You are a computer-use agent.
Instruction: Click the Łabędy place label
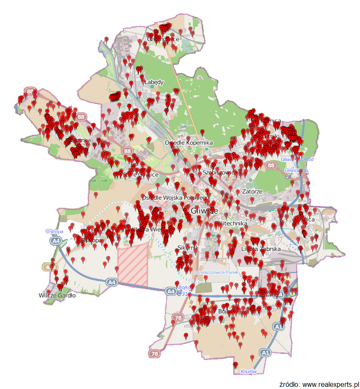tap(154, 82)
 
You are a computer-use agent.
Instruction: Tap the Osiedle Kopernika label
tap(188, 142)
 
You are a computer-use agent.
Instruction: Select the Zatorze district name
tap(252, 192)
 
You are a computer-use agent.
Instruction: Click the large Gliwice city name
tap(205, 211)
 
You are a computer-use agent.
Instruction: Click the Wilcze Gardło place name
tap(57, 295)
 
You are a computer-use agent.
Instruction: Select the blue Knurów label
tap(249, 372)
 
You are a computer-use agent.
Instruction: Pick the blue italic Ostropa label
tap(55, 232)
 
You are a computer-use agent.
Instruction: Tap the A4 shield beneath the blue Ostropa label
tap(56, 241)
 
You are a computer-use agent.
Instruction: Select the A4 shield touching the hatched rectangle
tap(111, 282)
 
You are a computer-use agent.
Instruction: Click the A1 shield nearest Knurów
tap(265, 353)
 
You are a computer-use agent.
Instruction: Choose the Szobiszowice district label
tap(220, 172)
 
